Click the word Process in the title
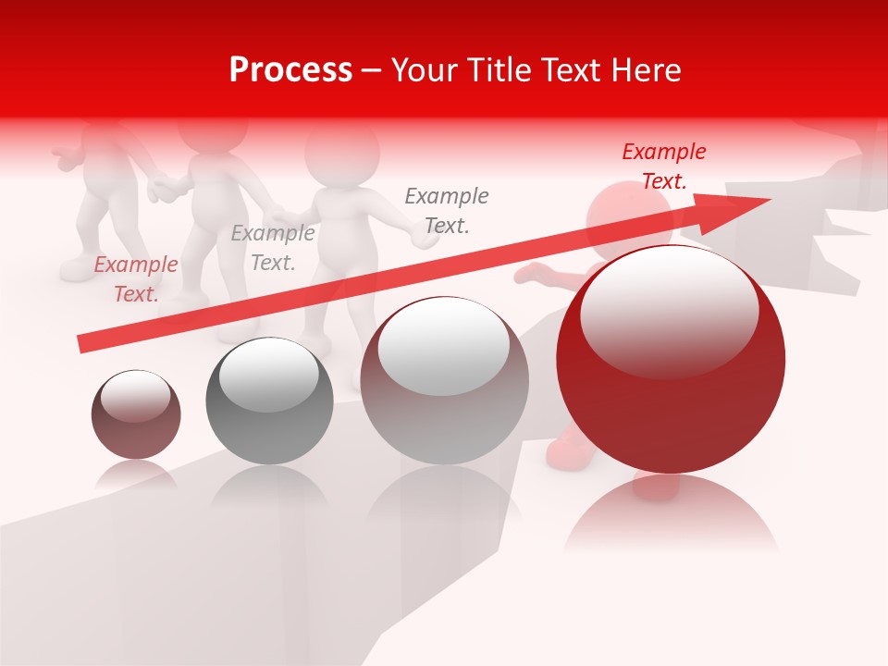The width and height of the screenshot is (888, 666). (290, 70)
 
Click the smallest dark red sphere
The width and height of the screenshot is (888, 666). (136, 414)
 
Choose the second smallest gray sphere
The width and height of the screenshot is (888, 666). (269, 401)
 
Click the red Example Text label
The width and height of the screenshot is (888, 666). (664, 166)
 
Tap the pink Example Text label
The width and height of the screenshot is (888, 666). (136, 279)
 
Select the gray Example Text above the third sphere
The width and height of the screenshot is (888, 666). (447, 211)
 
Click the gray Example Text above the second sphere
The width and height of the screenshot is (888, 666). (273, 248)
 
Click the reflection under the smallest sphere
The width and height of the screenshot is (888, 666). (136, 476)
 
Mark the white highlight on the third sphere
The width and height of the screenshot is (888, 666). (444, 346)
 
